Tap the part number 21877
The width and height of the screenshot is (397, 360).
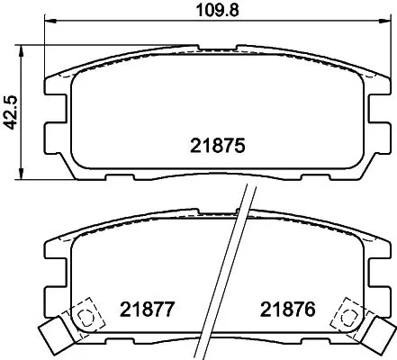(x=145, y=311)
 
